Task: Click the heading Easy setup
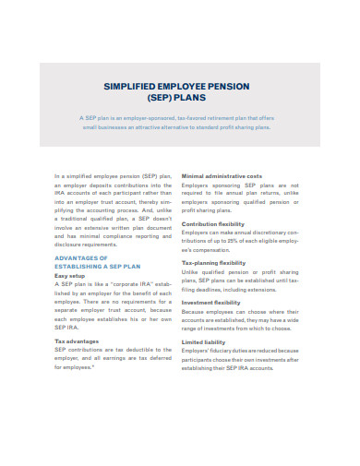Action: pyautogui.click(x=70, y=276)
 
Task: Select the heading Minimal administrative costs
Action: pyautogui.click(x=222, y=175)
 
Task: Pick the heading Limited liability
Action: pyautogui.click(x=204, y=341)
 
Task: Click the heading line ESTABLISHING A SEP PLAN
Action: pyautogui.click(x=99, y=266)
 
